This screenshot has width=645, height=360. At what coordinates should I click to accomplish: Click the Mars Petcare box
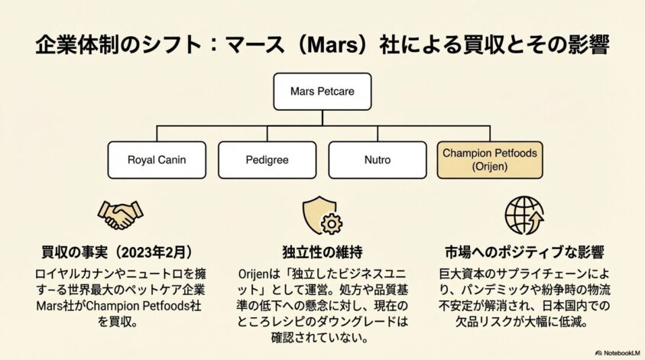(322, 91)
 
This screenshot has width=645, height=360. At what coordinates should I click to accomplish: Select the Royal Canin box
(157, 160)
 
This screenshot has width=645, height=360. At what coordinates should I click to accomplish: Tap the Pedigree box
(267, 160)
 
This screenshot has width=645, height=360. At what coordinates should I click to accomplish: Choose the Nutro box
(377, 160)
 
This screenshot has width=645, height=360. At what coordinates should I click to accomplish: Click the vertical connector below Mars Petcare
(322, 116)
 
